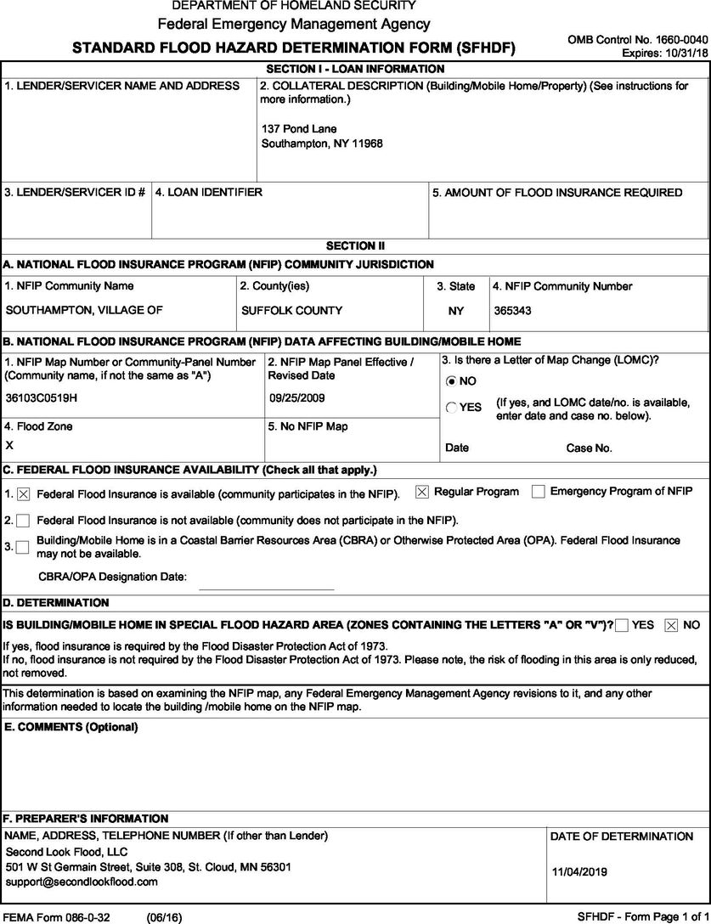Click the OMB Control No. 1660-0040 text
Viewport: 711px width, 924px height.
pos(636,39)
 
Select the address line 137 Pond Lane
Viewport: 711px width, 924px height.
pos(299,128)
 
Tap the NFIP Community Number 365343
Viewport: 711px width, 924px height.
pos(512,311)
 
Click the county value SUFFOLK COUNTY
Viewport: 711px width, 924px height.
pos(291,311)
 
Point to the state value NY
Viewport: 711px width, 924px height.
pos(456,311)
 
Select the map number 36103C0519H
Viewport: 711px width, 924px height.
pos(46,397)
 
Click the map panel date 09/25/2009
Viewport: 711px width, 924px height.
pos(297,397)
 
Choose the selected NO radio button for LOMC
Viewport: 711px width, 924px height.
pos(451,381)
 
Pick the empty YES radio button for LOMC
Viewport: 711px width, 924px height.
pos(451,408)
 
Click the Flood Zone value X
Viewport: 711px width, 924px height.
pos(9,445)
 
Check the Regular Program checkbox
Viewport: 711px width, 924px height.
pos(421,492)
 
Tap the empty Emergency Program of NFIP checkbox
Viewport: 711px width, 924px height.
pos(538,492)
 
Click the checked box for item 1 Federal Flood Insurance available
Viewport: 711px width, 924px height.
pos(23,493)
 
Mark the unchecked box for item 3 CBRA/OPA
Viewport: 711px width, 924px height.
pos(22,547)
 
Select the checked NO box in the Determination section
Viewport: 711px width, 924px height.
pos(671,625)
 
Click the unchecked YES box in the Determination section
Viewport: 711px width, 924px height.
pos(622,625)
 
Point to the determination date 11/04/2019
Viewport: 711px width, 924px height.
pos(579,871)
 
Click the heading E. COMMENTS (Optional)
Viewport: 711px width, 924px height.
pos(71,727)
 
